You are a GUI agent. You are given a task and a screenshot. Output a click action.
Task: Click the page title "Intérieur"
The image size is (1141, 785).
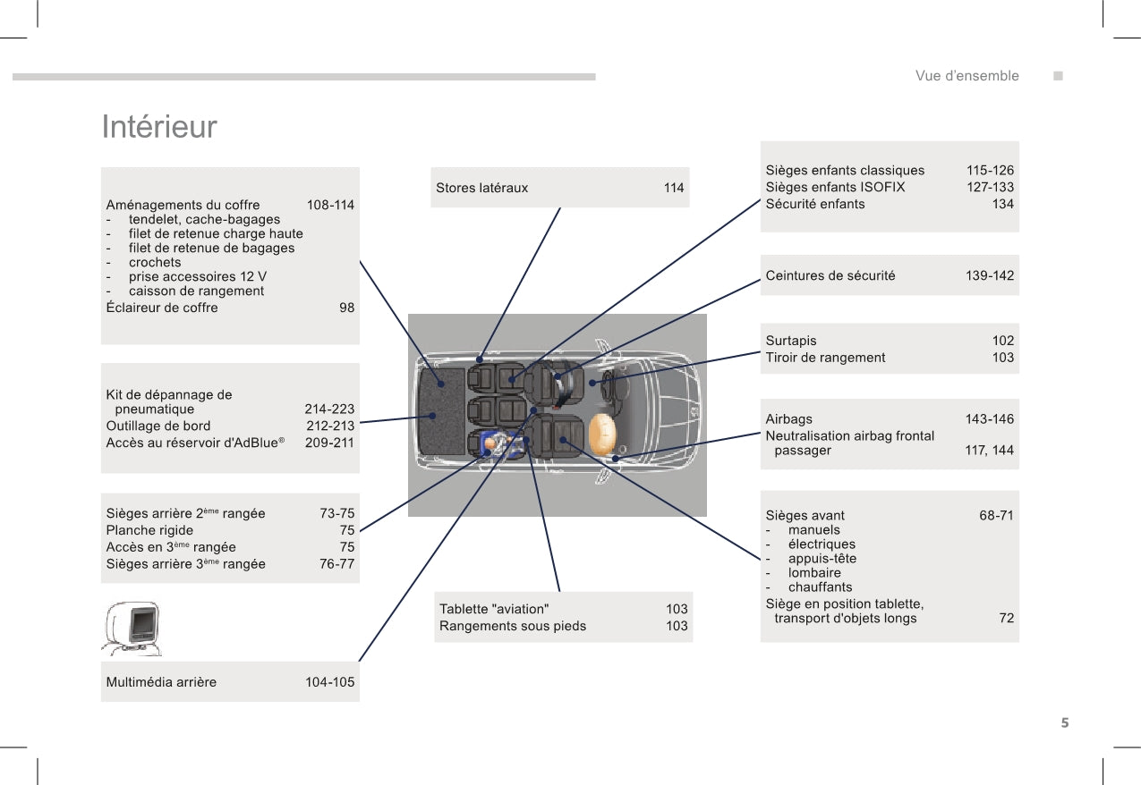[x=159, y=127]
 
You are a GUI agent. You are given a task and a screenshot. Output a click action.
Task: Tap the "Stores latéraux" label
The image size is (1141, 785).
[x=481, y=188]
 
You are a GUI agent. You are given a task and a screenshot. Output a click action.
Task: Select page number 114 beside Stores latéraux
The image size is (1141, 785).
[x=674, y=188]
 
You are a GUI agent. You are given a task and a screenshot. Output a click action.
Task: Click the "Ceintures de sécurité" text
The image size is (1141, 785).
[x=830, y=275]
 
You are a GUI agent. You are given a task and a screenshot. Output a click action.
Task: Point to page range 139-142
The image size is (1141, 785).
[x=990, y=275]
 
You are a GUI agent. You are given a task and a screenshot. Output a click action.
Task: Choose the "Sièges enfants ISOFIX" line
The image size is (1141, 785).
[x=835, y=187]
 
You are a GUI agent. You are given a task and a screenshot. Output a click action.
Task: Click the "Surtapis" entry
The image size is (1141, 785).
[x=791, y=341]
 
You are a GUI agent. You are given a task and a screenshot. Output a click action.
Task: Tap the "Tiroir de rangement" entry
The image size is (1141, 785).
[x=825, y=358]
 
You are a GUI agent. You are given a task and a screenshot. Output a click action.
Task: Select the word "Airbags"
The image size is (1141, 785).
[x=789, y=419]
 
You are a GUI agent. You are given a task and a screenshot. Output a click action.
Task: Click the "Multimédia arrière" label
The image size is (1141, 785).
[x=161, y=682]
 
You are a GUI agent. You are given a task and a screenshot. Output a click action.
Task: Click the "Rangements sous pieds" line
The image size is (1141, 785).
[x=513, y=626]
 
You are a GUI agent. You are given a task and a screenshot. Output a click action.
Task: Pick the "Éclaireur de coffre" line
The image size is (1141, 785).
[x=161, y=308]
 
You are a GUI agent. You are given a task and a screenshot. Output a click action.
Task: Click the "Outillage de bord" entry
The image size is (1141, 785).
[x=158, y=426]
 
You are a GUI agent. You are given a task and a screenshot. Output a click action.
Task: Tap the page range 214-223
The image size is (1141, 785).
[x=329, y=409]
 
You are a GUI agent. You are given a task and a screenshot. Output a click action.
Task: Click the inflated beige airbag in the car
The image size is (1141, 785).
[x=602, y=434]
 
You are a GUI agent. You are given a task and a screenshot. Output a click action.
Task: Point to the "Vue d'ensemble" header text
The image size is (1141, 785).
[x=966, y=76]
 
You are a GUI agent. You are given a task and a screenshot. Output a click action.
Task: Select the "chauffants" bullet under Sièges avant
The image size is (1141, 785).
[x=820, y=587]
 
